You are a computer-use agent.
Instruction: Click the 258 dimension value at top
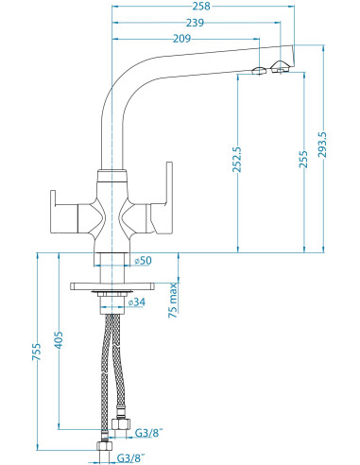[201, 6]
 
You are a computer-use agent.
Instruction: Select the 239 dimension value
[195, 23]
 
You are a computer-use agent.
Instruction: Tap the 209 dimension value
[181, 39]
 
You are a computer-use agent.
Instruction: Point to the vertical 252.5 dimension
[236, 160]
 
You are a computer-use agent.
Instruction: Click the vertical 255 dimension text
[303, 160]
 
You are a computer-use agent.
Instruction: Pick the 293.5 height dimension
[322, 145]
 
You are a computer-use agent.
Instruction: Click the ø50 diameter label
[143, 261]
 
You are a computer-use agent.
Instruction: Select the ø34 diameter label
[137, 302]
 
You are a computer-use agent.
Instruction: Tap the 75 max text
[173, 301]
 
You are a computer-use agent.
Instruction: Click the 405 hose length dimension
[59, 340]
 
